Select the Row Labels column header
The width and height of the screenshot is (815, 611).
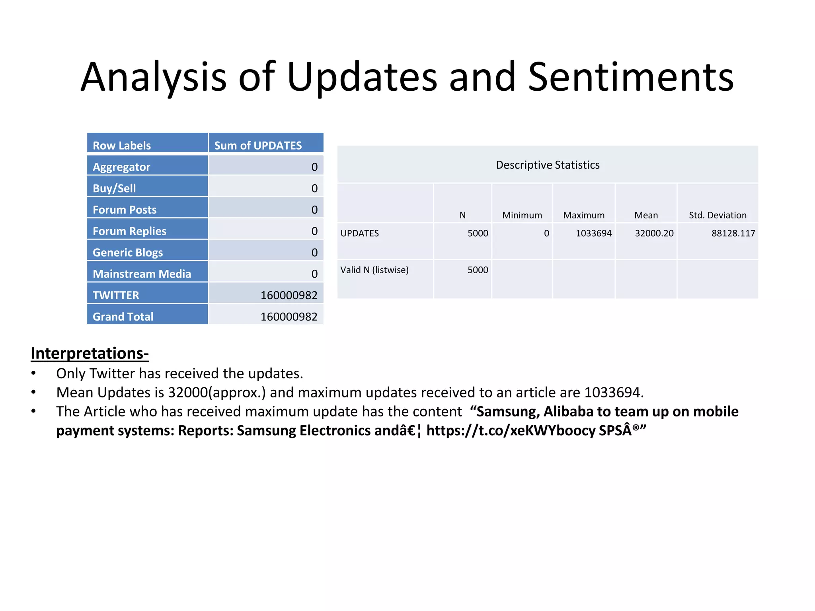[x=122, y=146]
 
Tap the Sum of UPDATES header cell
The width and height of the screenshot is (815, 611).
[x=258, y=146]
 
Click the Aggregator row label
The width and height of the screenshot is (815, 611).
[x=121, y=167]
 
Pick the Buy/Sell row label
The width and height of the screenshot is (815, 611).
[x=114, y=188]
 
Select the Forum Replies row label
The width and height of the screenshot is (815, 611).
[x=129, y=231]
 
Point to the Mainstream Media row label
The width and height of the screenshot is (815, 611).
[x=142, y=274]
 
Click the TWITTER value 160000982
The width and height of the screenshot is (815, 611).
[x=289, y=295]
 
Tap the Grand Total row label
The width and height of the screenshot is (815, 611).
[x=123, y=317]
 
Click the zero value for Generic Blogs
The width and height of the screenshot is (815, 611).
[x=314, y=253]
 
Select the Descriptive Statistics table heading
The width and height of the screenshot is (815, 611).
[x=548, y=165]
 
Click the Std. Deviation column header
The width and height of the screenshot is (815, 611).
[x=718, y=215]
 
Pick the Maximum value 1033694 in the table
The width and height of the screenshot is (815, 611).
[x=593, y=234]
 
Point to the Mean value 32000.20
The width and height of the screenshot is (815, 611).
[x=654, y=234]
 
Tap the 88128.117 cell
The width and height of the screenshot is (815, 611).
[x=733, y=234]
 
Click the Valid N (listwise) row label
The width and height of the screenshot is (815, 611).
[x=374, y=270]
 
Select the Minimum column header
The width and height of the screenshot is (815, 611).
[x=522, y=215]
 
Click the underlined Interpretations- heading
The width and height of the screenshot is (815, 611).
[x=90, y=353]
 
